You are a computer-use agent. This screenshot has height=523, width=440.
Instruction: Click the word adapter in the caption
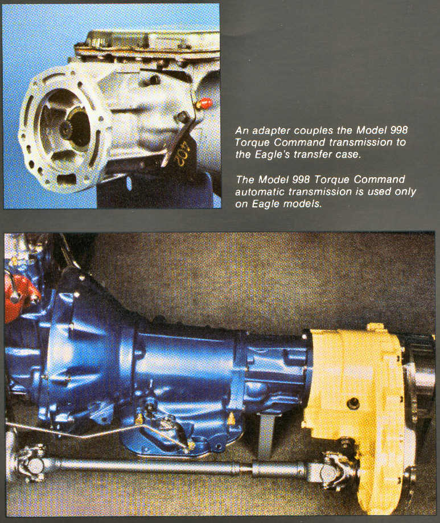[x=268, y=130]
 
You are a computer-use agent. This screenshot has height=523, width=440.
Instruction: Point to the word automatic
[x=260, y=192]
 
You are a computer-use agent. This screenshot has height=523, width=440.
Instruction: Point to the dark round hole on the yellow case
[x=353, y=403]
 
